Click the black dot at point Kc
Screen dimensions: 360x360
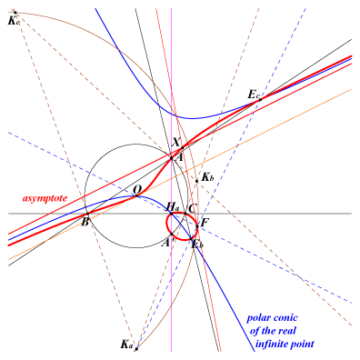pyautogui.click(x=15, y=13)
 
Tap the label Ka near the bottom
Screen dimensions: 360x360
pyautogui.click(x=126, y=345)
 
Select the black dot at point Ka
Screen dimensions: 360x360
pyautogui.click(x=136, y=349)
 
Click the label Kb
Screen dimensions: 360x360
pyautogui.click(x=207, y=177)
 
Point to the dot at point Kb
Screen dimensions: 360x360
pyautogui.click(x=196, y=181)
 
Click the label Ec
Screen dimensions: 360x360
pyautogui.click(x=254, y=95)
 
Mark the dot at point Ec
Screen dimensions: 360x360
pyautogui.click(x=260, y=99)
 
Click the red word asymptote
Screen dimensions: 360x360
pyautogui.click(x=45, y=198)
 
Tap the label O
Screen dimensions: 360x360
pyautogui.click(x=137, y=190)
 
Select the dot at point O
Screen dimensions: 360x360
pyautogui.click(x=136, y=195)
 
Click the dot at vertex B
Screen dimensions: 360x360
pyautogui.click(x=88, y=214)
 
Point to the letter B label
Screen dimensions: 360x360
pyautogui.click(x=85, y=222)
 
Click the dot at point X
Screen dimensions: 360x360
pyautogui.click(x=183, y=147)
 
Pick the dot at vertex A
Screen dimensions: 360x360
pyautogui.click(x=171, y=158)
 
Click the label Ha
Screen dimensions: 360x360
pyautogui.click(x=172, y=207)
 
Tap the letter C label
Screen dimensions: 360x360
pyautogui.click(x=193, y=208)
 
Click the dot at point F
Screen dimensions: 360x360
pyautogui.click(x=197, y=226)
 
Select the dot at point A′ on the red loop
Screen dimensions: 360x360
pyautogui.click(x=172, y=234)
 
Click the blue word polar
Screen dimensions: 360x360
pyautogui.click(x=257, y=318)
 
